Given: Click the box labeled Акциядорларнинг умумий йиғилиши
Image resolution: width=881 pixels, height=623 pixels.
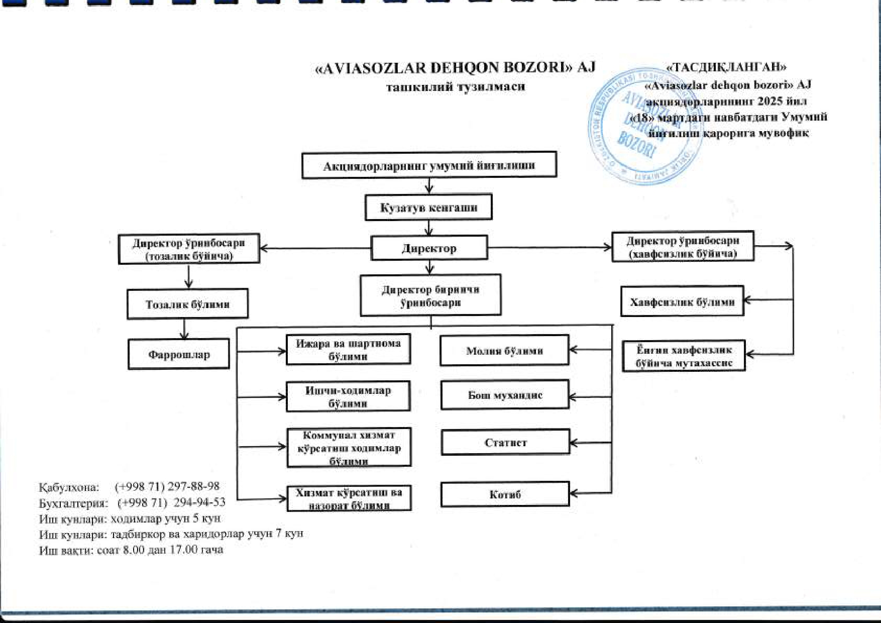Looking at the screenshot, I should point(429,165).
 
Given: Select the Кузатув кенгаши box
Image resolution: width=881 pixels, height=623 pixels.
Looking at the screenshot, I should point(428,207).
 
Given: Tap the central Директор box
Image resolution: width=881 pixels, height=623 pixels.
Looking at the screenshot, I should point(429,248).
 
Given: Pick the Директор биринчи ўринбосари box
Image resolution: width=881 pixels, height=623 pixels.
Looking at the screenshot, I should point(430,295).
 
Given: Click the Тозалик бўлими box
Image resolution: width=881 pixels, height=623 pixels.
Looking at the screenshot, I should point(187,304).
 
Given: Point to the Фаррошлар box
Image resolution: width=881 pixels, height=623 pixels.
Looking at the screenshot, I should point(179,354).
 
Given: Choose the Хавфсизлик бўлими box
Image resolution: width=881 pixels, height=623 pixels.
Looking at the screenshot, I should point(682,301).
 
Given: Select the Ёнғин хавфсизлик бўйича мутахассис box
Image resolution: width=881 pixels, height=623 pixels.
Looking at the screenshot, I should point(684,356).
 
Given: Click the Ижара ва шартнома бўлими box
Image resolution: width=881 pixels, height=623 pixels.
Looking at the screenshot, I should point(348,349).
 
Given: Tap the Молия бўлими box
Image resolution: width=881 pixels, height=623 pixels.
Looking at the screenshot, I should point(504,350).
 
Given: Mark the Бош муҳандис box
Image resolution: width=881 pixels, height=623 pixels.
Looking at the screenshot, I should point(505,395).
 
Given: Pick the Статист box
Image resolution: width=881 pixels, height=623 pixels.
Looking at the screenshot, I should point(505,442).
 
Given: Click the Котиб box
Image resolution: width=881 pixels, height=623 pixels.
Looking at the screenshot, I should point(505,494).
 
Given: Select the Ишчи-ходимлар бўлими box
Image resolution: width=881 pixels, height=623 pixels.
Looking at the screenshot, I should point(348,396).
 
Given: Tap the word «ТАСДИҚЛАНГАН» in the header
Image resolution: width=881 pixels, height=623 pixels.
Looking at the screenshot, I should point(726,67).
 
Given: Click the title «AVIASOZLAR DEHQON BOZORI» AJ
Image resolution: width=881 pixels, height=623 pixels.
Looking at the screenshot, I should point(455,68).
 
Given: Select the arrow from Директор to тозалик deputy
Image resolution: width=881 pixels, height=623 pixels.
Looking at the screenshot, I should point(315,248).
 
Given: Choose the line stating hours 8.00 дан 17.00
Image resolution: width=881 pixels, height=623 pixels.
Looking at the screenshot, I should point(131,550).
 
